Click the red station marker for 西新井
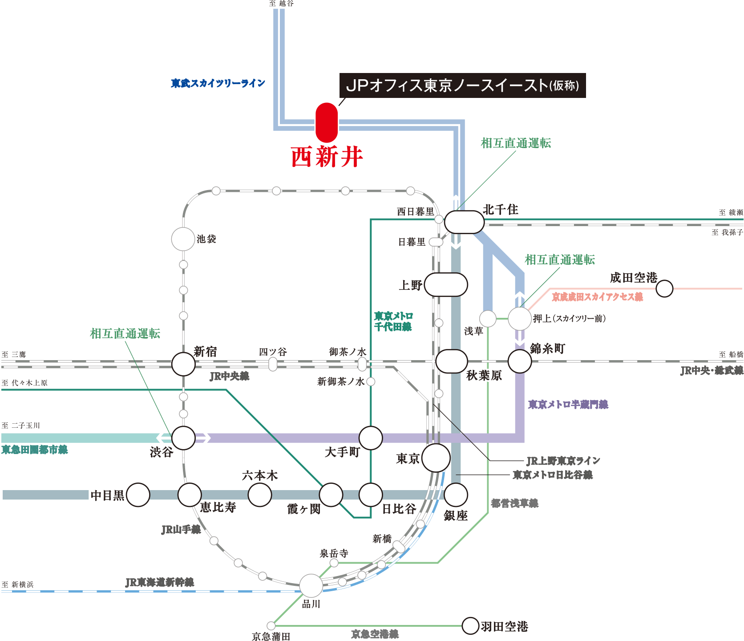tap(327, 123)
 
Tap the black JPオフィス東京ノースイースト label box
tap(462, 85)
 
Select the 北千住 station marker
tap(464, 222)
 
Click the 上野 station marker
tap(446, 285)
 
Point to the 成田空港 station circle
tap(664, 288)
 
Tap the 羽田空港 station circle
tap(470, 626)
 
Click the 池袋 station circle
tap(183, 239)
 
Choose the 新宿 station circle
tap(183, 364)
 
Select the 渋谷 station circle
tap(183, 438)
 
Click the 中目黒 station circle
tap(138, 495)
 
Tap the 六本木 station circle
tap(260, 495)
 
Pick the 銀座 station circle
tap(456, 495)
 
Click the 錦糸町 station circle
tap(520, 361)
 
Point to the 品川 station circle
tap(311, 585)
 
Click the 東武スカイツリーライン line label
tap(218, 83)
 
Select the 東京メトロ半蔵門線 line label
tap(568, 404)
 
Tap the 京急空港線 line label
tap(375, 634)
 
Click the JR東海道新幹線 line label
tap(159, 582)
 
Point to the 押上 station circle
tap(519, 319)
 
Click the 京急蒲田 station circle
tap(271, 626)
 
